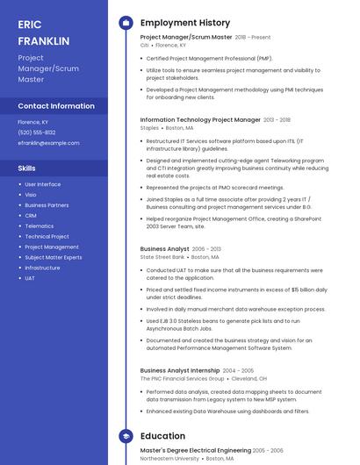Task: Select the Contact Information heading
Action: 56,106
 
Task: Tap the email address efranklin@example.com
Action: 48,142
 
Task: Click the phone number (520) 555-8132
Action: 37,132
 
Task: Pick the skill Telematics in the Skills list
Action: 39,225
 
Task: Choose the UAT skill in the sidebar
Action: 30,278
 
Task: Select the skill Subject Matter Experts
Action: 54,257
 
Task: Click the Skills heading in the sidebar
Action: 27,167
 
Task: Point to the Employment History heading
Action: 185,23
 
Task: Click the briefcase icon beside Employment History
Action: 126,23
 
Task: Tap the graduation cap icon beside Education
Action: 126,436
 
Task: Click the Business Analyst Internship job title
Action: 180,370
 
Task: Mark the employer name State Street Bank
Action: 162,257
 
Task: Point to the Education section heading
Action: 162,436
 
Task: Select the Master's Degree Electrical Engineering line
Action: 195,450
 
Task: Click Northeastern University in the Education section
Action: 169,458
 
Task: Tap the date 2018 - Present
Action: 253,38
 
